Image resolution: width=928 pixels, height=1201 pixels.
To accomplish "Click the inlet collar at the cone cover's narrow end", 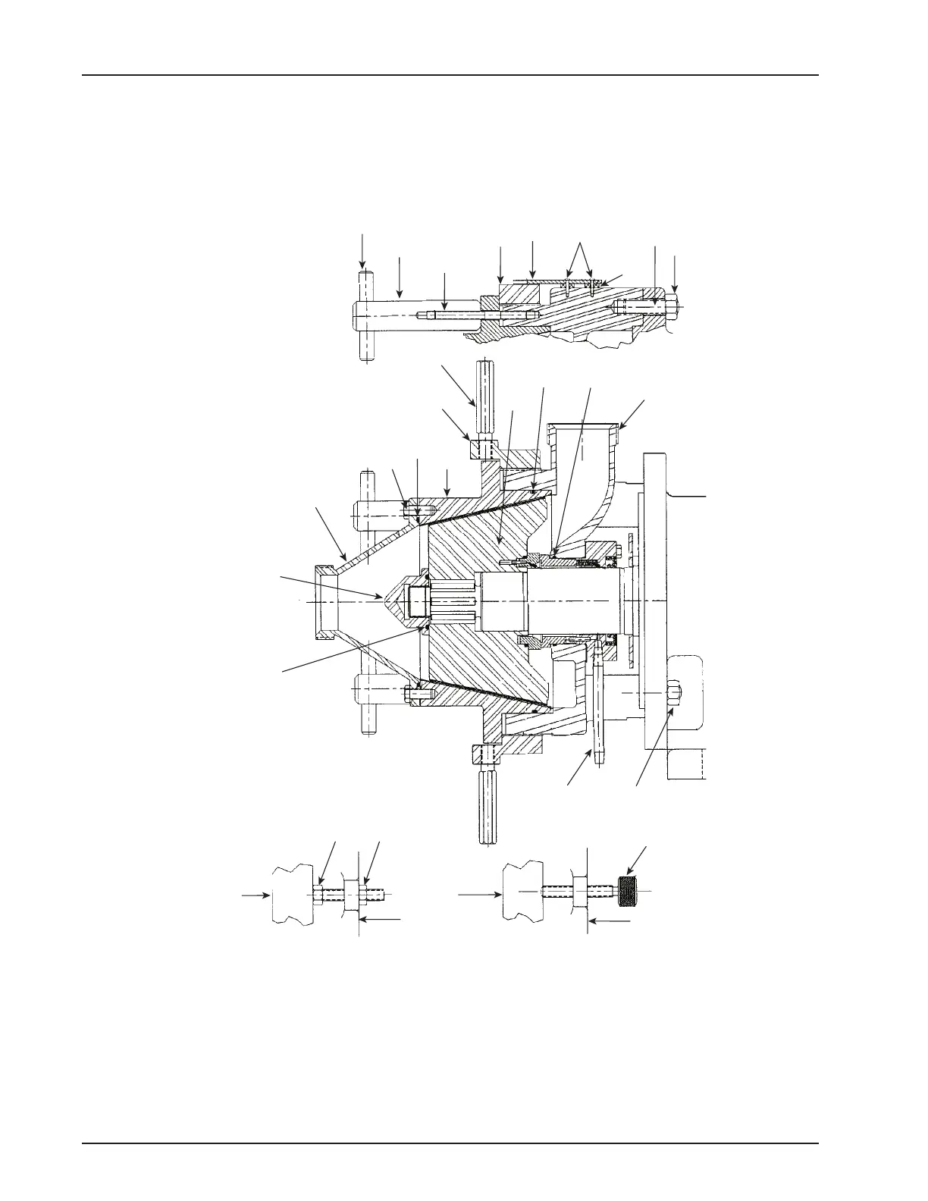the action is [324, 600].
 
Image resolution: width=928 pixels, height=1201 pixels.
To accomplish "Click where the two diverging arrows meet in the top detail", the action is [581, 244].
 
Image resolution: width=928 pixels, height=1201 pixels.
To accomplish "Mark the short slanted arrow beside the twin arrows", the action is [613, 279].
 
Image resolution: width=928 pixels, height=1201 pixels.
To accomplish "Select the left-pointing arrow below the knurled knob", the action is [610, 920].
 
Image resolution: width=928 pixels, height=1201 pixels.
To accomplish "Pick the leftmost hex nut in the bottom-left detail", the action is [320, 892].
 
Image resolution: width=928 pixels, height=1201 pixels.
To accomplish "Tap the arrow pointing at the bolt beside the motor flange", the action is [652, 750].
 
